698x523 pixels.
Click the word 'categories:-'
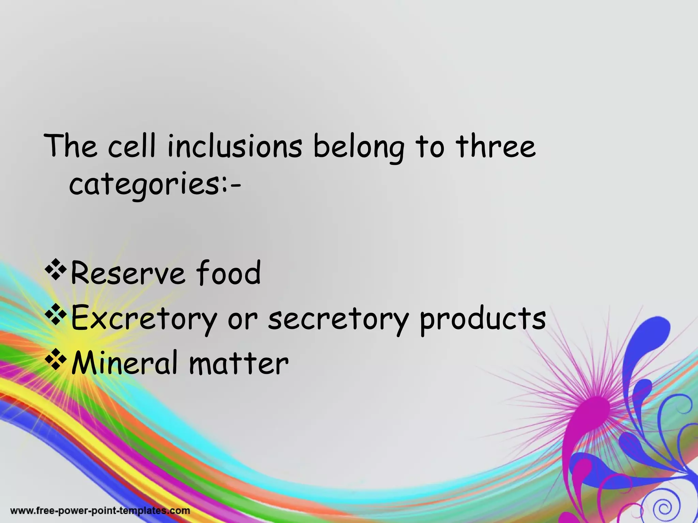[155, 186]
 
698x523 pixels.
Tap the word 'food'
[228, 272]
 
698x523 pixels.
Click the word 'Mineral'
[125, 363]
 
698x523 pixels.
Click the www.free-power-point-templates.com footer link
[100, 511]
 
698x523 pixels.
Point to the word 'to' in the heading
[430, 147]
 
